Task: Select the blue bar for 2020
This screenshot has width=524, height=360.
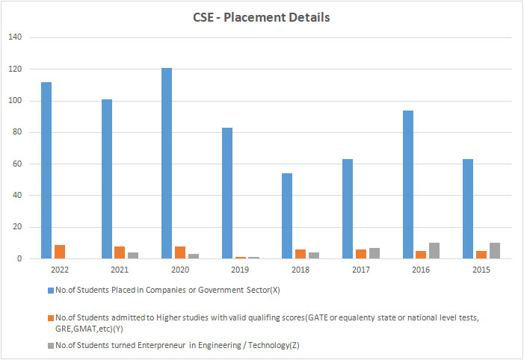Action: click(x=167, y=164)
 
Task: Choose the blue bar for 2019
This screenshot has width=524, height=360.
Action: click(x=227, y=193)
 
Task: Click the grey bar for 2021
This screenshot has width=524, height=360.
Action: click(x=133, y=255)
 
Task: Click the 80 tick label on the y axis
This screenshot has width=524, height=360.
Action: click(x=17, y=132)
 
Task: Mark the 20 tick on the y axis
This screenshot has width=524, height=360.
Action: click(x=17, y=227)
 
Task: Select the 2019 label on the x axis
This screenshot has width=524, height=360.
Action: click(x=238, y=269)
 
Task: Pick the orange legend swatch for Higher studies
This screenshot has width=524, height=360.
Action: click(x=51, y=317)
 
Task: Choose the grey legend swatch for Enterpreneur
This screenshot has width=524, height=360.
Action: click(x=51, y=344)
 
